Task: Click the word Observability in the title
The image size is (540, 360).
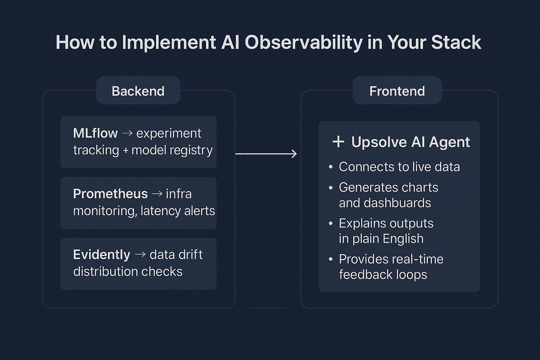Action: pyautogui.click(x=303, y=43)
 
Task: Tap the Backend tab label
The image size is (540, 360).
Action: pyautogui.click(x=138, y=91)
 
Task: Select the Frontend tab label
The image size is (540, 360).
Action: pyautogui.click(x=397, y=91)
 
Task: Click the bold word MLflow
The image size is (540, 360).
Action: pyautogui.click(x=95, y=133)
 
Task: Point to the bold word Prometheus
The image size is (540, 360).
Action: pyautogui.click(x=110, y=194)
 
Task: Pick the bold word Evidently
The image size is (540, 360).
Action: pyautogui.click(x=102, y=255)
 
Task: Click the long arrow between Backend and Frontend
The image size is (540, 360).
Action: pyautogui.click(x=266, y=154)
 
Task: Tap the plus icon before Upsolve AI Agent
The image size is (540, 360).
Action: pyautogui.click(x=338, y=142)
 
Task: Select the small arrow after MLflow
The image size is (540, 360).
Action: pyautogui.click(x=127, y=133)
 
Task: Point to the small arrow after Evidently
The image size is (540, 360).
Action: pyautogui.click(x=140, y=255)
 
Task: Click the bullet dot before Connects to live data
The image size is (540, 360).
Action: pyautogui.click(x=330, y=167)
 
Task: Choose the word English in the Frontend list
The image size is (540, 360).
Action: pyautogui.click(x=403, y=239)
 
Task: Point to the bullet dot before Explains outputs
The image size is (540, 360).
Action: pyautogui.click(x=330, y=224)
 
